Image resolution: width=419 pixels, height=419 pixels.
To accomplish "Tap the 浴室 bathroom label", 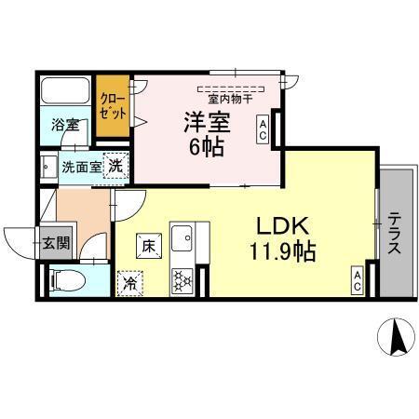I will coord(64,124).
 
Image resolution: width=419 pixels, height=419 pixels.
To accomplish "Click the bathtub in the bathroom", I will coord(66,94).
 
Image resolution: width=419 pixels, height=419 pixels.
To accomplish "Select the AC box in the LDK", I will coord(358,280).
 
